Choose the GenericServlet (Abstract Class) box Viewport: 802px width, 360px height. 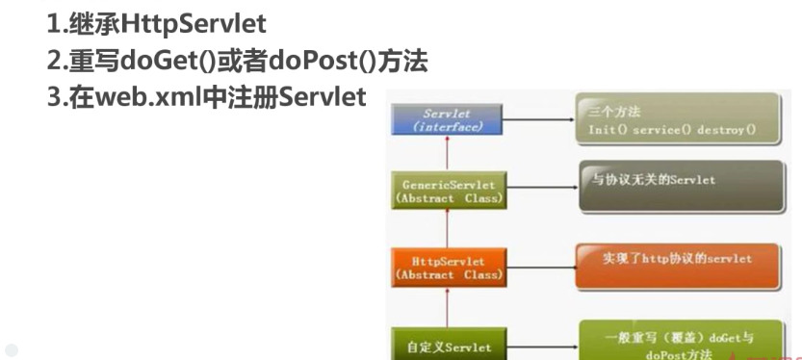pyautogui.click(x=446, y=189)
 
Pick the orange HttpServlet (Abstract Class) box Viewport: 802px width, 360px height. pyautogui.click(x=446, y=268)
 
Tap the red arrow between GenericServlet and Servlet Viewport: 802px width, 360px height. pyautogui.click(x=446, y=153)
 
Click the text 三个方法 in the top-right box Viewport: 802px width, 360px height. pyautogui.click(x=614, y=111)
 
